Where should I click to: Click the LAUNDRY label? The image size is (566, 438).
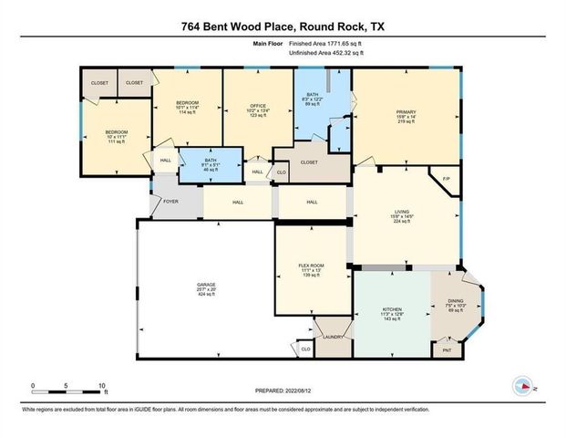pyautogui.click(x=332, y=337)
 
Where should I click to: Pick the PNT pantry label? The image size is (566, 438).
pyautogui.click(x=447, y=349)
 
